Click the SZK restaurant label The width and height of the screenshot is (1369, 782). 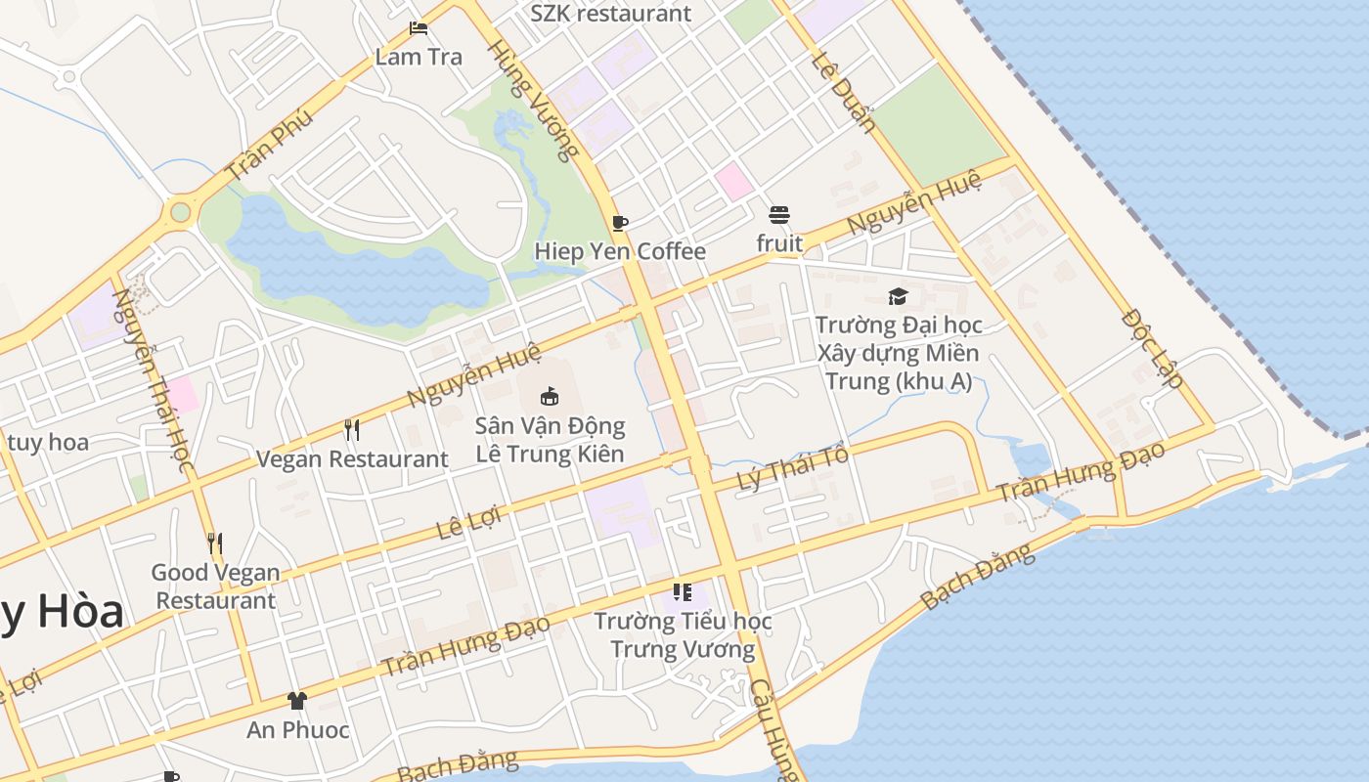click(610, 14)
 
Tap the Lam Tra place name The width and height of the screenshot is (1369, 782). click(419, 57)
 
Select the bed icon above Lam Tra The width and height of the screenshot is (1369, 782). click(419, 28)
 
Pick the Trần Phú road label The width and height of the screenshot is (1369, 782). click(269, 144)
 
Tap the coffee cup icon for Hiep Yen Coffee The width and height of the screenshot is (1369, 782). click(619, 223)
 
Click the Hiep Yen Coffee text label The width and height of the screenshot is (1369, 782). click(619, 251)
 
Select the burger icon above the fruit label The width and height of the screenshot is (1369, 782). click(778, 215)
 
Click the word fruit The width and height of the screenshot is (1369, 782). click(779, 243)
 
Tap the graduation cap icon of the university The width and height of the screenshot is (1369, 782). click(898, 296)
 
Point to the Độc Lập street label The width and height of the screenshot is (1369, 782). click(1152, 349)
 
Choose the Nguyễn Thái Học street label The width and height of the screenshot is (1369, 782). click(151, 380)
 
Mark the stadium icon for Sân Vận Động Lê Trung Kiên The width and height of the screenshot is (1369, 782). click(550, 396)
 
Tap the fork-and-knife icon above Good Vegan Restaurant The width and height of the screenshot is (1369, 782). click(215, 543)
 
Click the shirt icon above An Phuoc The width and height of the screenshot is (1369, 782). click(297, 701)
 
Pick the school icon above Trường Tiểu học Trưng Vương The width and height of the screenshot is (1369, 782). click(683, 591)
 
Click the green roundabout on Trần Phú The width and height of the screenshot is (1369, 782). click(180, 212)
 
